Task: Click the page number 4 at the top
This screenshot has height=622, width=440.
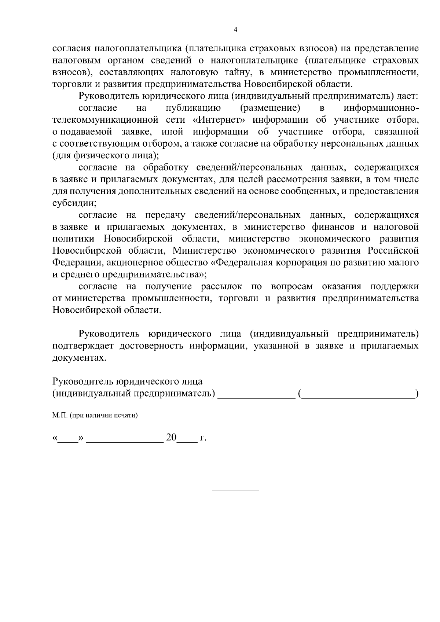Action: pos(235,30)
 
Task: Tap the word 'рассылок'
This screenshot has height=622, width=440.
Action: pos(223,286)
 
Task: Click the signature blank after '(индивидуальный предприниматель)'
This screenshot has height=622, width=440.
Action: pos(256,395)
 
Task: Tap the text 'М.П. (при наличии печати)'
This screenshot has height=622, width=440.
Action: pos(95,416)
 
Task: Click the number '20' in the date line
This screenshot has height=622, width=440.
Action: pos(171,437)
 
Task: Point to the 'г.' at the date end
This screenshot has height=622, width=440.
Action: pos(203,438)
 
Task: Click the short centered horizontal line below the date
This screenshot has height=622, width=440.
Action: pos(236,490)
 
